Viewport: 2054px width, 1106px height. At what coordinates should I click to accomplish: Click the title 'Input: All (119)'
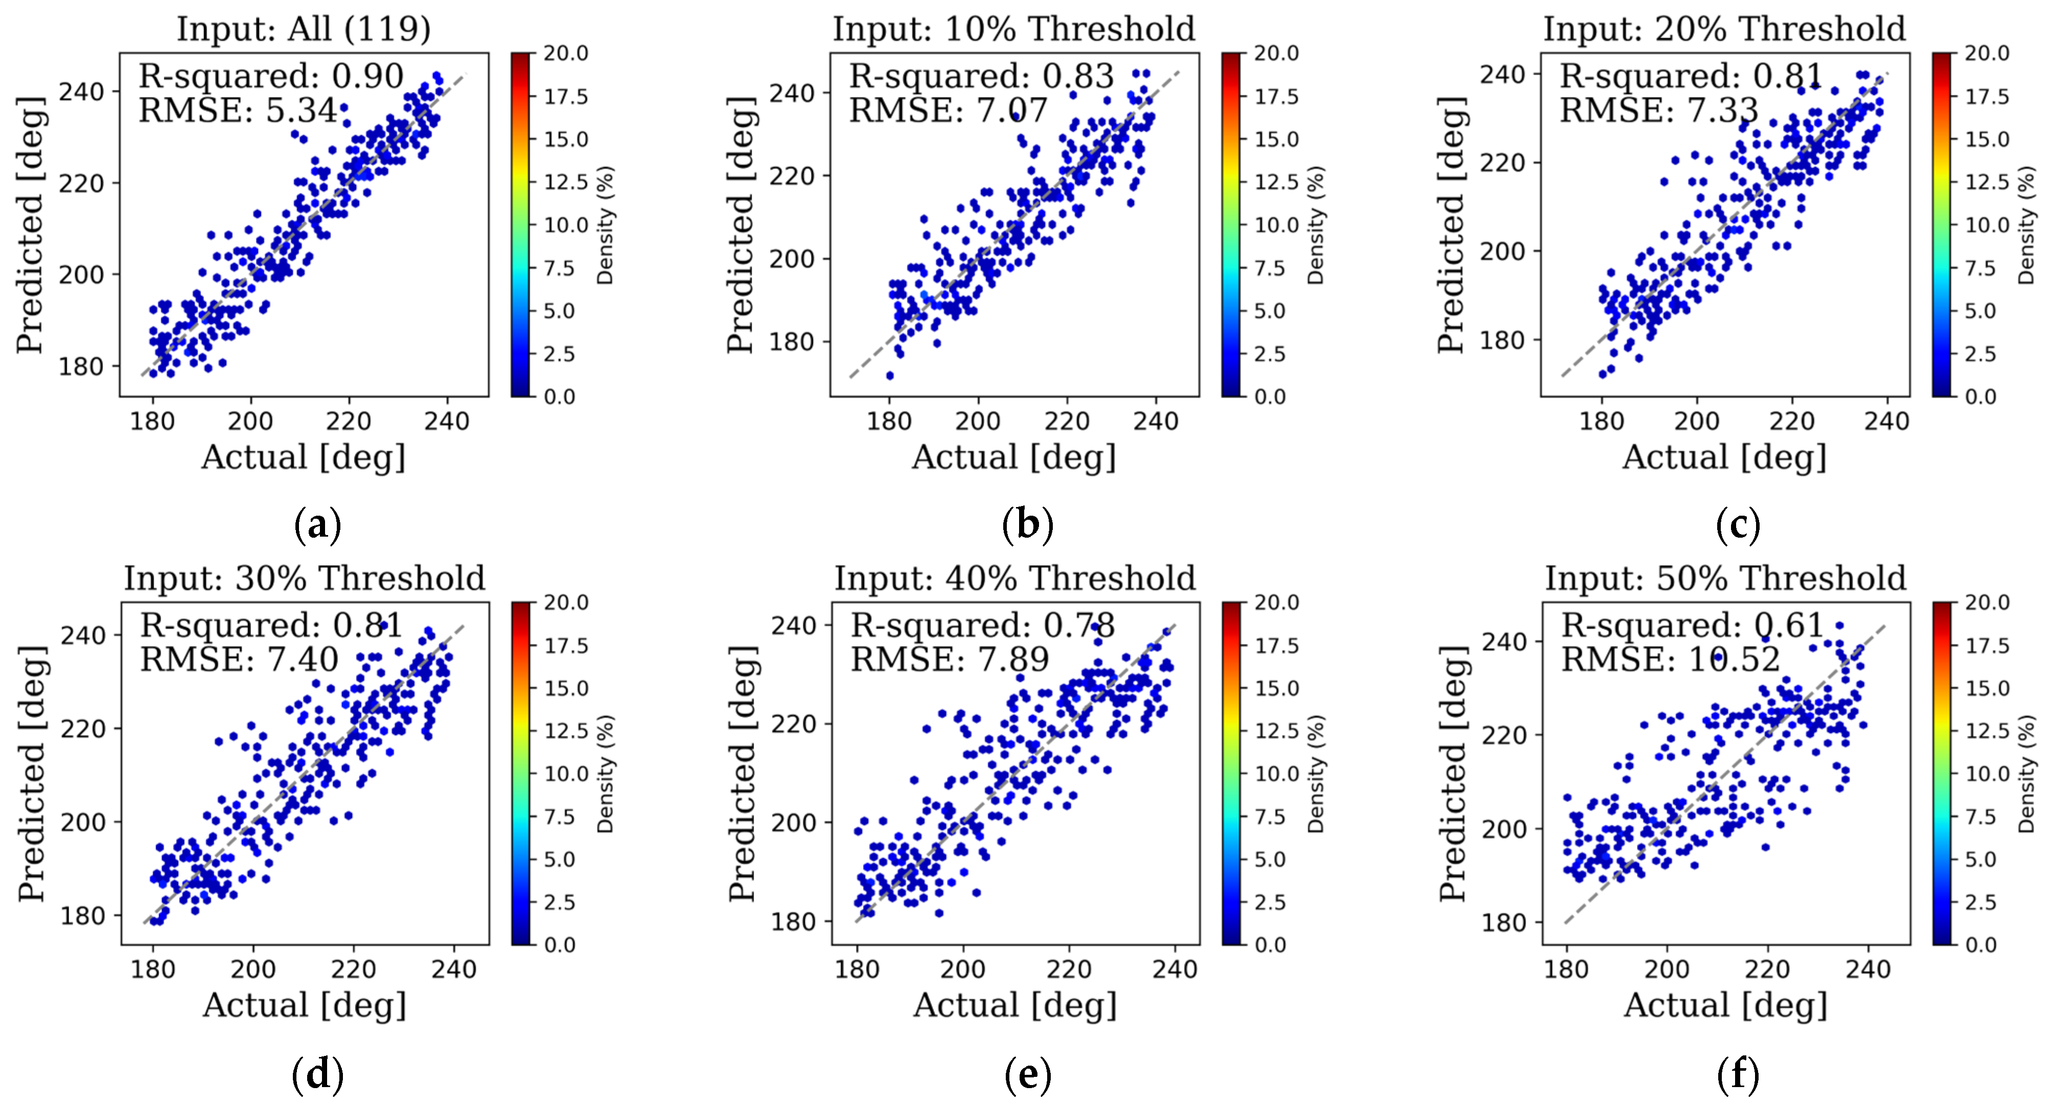(x=303, y=30)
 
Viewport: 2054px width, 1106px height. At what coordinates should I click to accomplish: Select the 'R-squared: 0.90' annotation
(x=271, y=77)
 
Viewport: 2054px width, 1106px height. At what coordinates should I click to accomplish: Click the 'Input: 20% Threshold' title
(x=1724, y=30)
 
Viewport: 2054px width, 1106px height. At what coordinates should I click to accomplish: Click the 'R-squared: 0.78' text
(x=982, y=626)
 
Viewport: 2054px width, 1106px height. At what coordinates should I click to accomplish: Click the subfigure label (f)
(x=1738, y=1074)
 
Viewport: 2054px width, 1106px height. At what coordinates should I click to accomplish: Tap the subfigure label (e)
(x=1027, y=1074)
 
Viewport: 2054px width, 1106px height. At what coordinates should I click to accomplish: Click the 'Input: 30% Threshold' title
(x=305, y=578)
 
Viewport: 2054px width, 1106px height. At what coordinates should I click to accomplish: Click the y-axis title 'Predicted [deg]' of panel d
(x=32, y=773)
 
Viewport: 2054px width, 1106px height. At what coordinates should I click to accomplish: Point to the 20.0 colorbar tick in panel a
(x=566, y=54)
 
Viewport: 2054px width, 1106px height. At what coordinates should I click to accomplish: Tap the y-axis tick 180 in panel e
(x=793, y=922)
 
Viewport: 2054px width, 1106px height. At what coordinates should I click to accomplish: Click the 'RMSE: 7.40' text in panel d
(x=239, y=659)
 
